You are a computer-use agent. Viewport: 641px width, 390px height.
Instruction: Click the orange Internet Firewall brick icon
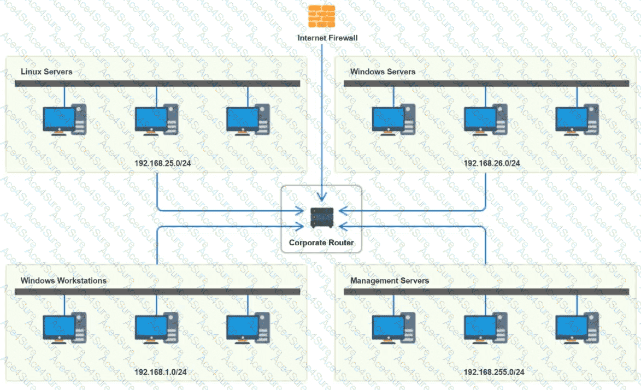321,16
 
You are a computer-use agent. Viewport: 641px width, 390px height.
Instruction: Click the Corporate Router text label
321,243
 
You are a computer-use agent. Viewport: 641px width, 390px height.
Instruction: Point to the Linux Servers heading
46,72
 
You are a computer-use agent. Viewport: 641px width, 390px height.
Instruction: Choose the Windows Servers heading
383,72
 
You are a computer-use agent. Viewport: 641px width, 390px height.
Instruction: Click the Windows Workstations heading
63,281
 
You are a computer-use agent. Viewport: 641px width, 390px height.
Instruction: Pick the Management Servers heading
390,281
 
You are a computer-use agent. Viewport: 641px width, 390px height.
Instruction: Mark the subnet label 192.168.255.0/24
494,372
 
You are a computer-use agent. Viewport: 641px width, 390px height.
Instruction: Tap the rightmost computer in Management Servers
577,328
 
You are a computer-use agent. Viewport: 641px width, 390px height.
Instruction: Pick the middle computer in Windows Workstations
156,328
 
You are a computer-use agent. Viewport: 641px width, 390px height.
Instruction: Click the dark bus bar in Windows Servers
486,84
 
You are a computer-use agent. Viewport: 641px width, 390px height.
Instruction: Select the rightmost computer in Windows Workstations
248,328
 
